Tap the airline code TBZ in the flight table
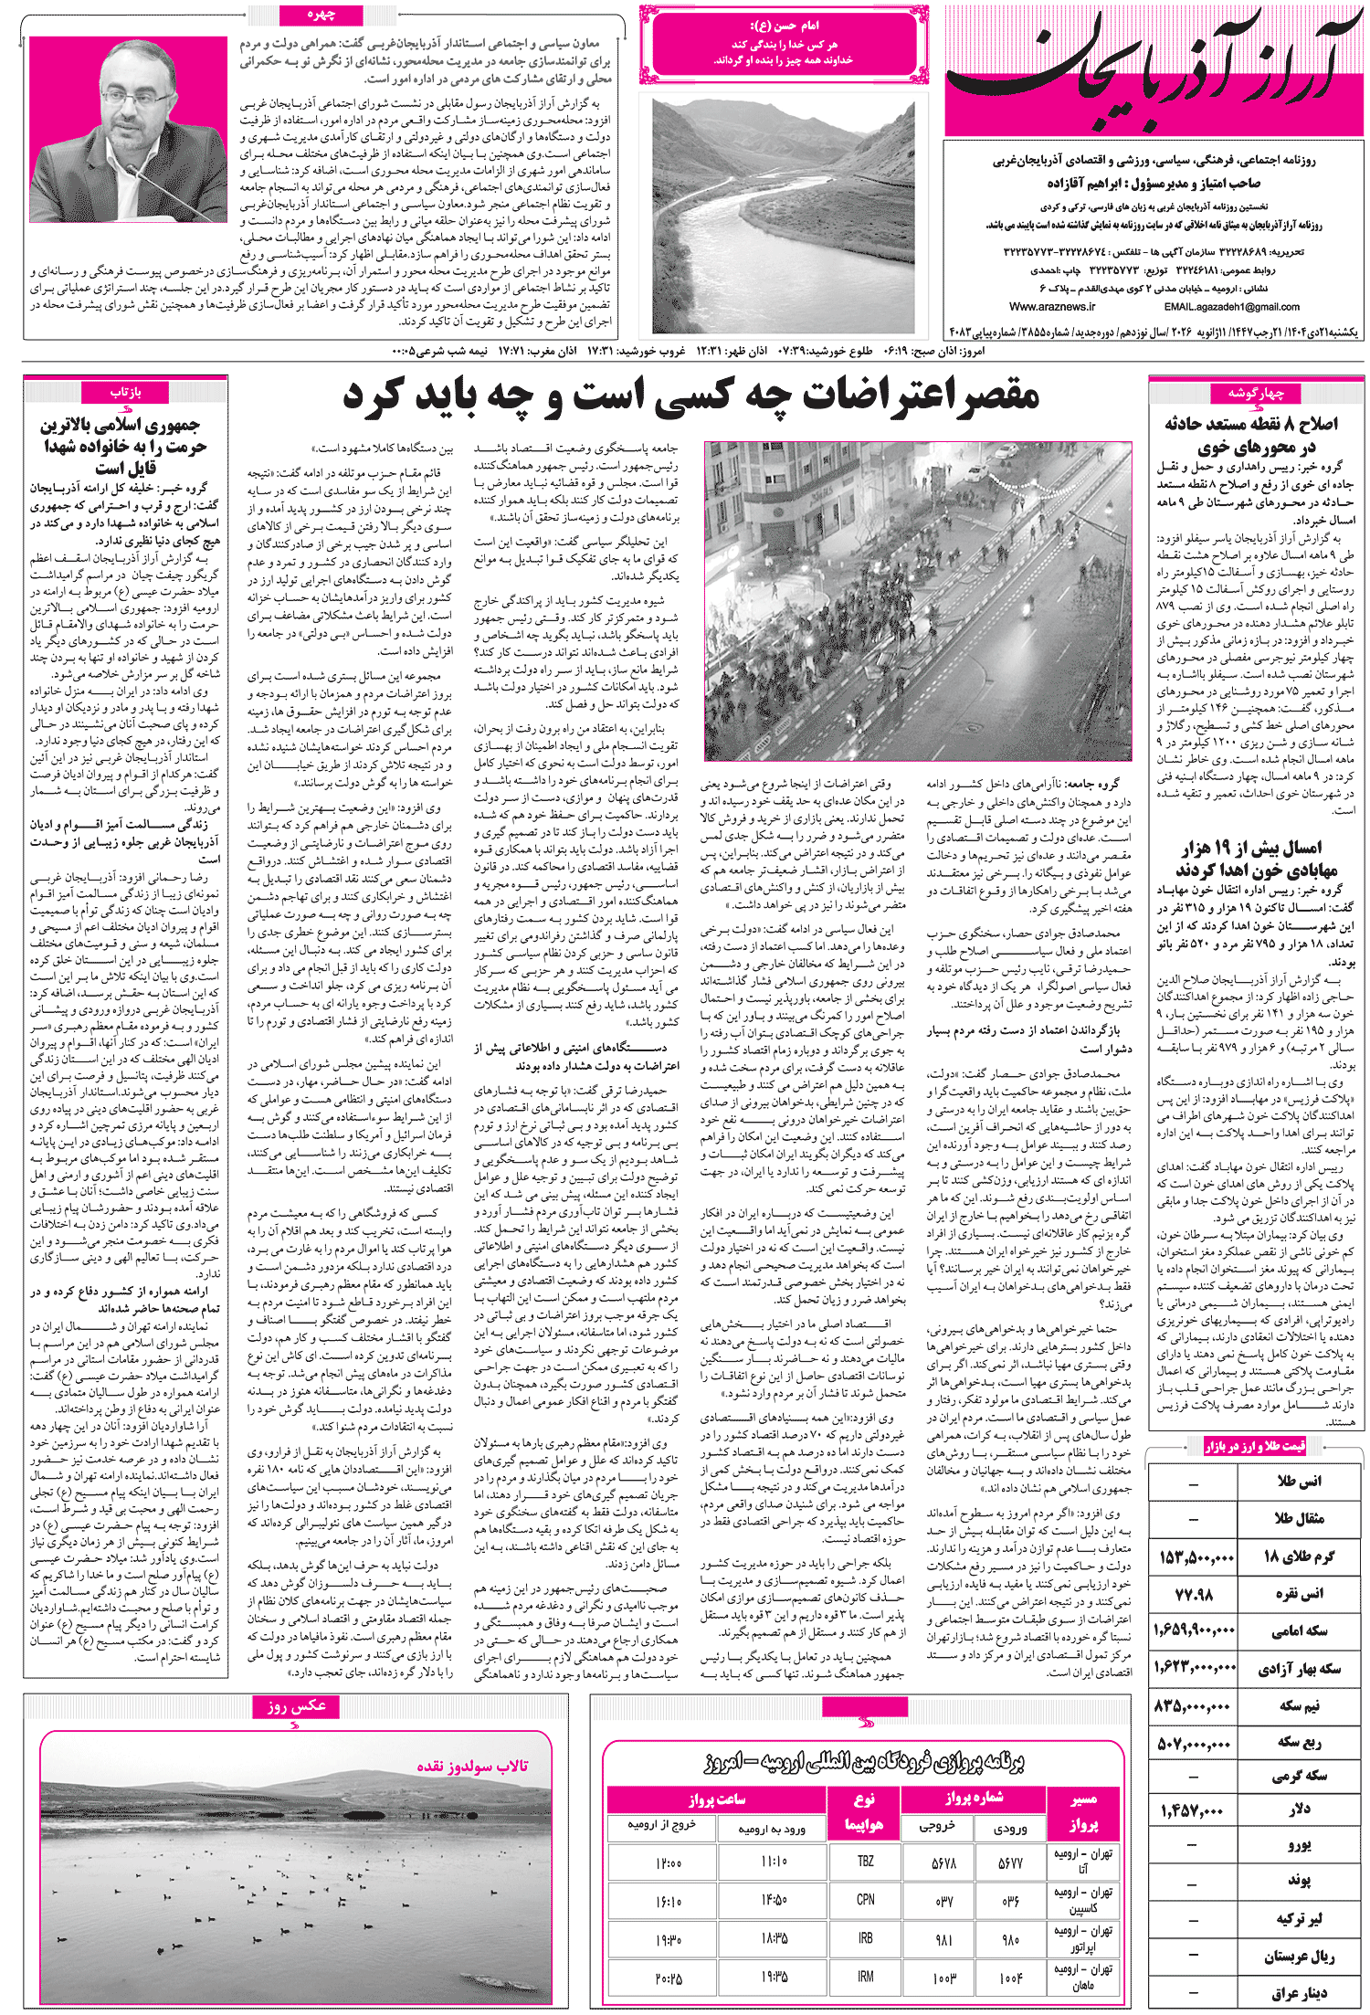click(865, 1861)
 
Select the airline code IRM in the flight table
click(865, 1977)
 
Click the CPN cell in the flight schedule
click(865, 1899)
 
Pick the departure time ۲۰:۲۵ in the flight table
click(669, 1978)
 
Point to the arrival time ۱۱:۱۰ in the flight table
click(773, 1861)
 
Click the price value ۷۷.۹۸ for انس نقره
click(1194, 1594)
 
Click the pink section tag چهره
click(321, 15)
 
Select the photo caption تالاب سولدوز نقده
click(472, 1765)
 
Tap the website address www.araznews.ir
click(1052, 307)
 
